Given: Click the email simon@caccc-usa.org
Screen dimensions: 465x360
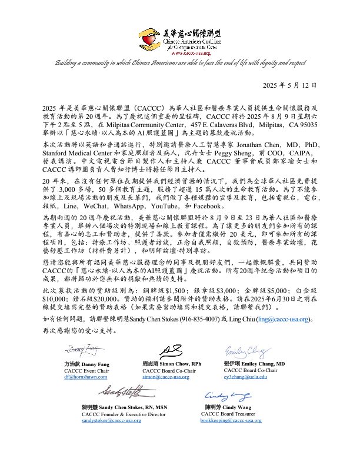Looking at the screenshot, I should pyautogui.click(x=166, y=376).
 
